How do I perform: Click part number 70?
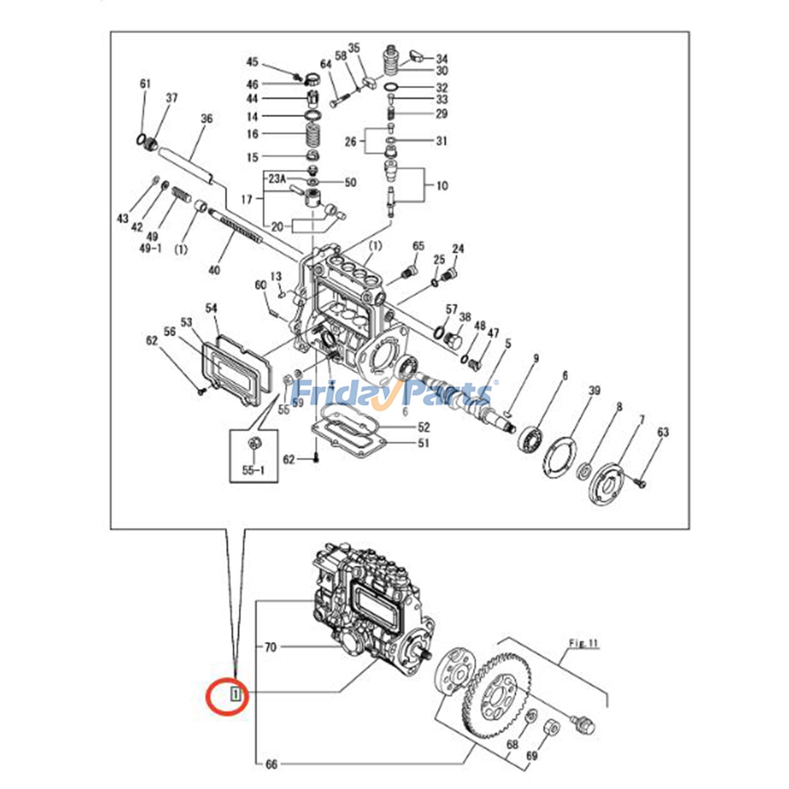point(270,647)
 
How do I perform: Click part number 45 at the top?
point(252,62)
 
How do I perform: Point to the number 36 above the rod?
point(207,119)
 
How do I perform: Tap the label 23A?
point(277,179)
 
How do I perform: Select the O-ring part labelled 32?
point(391,88)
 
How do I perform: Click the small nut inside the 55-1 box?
point(254,443)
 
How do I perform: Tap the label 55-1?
point(253,470)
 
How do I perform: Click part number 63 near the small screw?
point(663,432)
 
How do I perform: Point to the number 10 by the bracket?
point(442,186)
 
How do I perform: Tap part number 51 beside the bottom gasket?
point(424,443)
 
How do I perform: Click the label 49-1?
point(150,248)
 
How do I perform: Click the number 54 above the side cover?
point(211,309)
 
